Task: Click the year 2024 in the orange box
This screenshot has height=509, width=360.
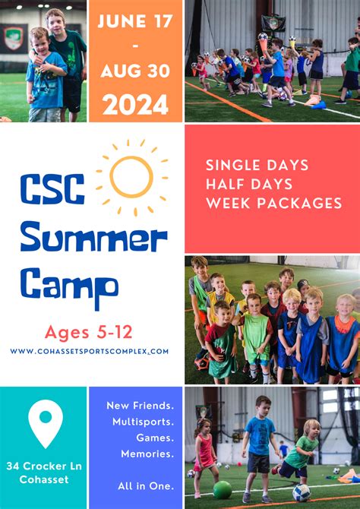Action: tap(135, 103)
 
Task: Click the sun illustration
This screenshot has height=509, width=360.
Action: tap(131, 176)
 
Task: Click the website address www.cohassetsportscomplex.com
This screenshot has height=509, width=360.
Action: tap(90, 352)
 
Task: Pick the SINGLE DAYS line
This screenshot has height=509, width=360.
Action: tap(257, 165)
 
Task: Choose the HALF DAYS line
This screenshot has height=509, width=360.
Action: tap(248, 184)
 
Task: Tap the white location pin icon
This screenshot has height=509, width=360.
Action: tap(46, 422)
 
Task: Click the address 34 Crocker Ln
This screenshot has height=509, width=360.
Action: tap(45, 465)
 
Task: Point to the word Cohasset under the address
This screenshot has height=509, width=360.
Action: tap(45, 479)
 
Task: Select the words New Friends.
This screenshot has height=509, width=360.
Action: tap(140, 406)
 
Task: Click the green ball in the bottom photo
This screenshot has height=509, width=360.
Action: tap(223, 490)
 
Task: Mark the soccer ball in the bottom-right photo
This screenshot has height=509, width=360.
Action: tap(302, 492)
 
